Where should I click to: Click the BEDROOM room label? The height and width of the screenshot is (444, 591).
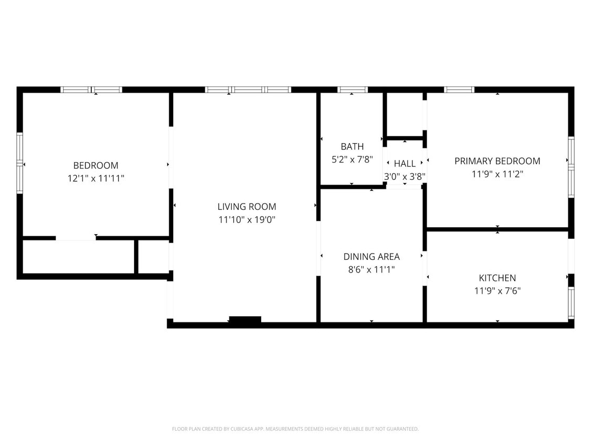pyautogui.click(x=96, y=165)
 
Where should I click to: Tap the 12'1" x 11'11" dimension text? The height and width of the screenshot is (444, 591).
pyautogui.click(x=96, y=178)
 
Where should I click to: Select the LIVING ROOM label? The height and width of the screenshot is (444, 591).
pyautogui.click(x=247, y=207)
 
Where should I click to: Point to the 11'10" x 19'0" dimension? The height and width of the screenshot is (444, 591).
pyautogui.click(x=247, y=220)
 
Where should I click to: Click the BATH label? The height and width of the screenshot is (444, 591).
pyautogui.click(x=352, y=147)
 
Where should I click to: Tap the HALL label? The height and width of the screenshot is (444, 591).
pyautogui.click(x=405, y=164)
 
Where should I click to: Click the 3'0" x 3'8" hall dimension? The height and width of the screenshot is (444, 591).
pyautogui.click(x=405, y=177)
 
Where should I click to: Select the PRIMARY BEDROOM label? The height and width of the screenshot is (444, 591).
pyautogui.click(x=497, y=161)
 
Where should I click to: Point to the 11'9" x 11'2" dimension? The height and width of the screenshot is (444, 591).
pyautogui.click(x=497, y=174)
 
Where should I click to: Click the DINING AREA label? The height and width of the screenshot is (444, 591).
pyautogui.click(x=371, y=257)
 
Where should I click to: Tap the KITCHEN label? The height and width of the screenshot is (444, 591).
pyautogui.click(x=497, y=278)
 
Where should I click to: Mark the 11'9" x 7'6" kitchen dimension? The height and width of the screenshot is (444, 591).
pyautogui.click(x=497, y=290)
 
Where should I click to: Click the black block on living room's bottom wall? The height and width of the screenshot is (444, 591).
pyautogui.click(x=245, y=319)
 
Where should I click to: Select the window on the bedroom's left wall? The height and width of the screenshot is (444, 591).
pyautogui.click(x=20, y=163)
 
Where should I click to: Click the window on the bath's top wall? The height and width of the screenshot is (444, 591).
pyautogui.click(x=352, y=90)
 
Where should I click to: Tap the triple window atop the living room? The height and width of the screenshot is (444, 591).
pyautogui.click(x=247, y=90)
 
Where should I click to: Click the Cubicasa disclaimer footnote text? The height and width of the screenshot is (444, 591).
pyautogui.click(x=295, y=429)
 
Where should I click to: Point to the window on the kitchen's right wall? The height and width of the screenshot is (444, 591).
pyautogui.click(x=571, y=302)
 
